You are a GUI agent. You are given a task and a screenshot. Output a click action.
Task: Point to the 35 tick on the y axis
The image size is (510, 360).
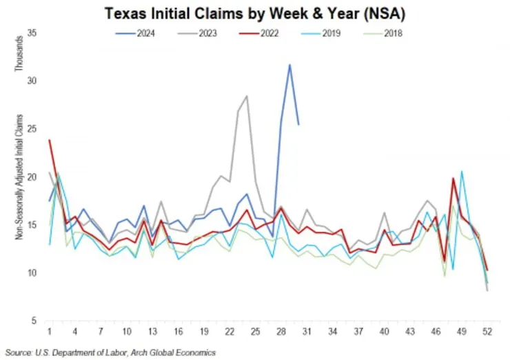coord(32,33)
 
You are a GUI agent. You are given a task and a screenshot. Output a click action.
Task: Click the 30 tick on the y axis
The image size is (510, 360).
coord(32,81)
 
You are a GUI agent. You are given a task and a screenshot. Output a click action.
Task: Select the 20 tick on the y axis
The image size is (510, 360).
coord(32,177)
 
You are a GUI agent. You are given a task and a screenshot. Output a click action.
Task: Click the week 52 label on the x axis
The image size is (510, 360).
coord(487,331)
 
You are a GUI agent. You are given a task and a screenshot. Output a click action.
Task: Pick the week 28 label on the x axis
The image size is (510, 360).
coord(281,331)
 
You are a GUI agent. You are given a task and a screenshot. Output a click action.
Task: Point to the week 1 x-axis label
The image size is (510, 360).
coord(50,331)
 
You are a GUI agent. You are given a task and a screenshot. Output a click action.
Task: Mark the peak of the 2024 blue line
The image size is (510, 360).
coord(289,65)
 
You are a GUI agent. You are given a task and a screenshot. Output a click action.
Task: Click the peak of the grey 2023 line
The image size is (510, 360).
coord(247,96)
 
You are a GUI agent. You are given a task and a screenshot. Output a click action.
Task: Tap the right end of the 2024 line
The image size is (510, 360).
coord(298,124)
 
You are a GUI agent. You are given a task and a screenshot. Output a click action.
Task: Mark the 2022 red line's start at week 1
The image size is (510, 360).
coord(50,140)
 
